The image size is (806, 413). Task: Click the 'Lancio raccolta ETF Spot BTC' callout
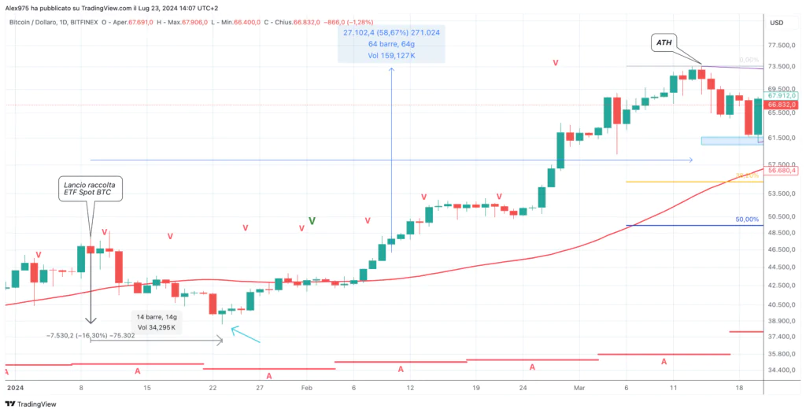(x=91, y=188)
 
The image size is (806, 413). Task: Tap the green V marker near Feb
(x=312, y=221)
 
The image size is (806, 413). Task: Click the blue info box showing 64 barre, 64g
(x=391, y=44)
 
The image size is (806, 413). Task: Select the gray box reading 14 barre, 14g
(x=155, y=321)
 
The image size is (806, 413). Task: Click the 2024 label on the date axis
(x=16, y=389)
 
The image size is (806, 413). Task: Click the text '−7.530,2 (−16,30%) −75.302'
(x=90, y=336)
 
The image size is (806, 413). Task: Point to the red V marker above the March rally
(x=556, y=62)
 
